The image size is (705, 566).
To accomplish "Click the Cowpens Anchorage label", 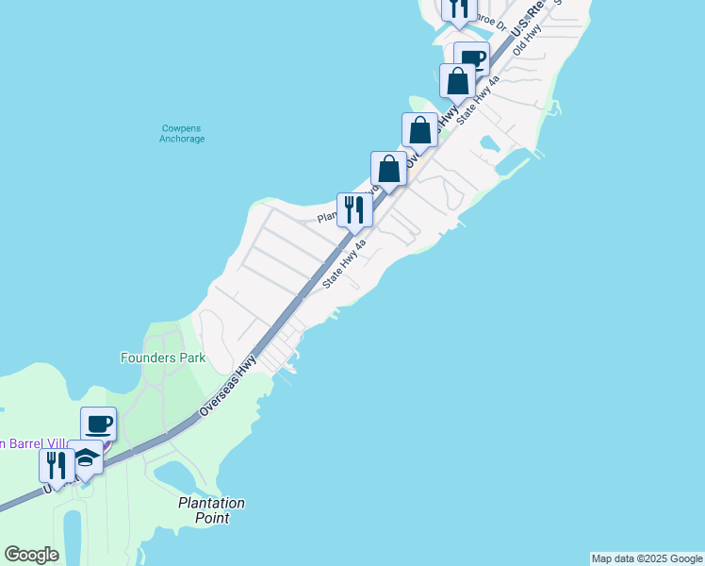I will coord(180,133).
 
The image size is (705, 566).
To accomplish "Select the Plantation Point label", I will coord(212,510).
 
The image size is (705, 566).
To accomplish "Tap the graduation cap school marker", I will coord(86,458).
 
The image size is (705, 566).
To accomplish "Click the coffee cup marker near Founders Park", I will coord(98,424).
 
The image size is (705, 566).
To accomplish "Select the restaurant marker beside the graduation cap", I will coord(57,465).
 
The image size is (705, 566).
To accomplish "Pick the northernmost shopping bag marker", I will coord(457,80).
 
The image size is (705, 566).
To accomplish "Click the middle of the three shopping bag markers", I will coord(419,130).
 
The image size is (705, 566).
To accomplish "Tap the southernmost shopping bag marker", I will coord(388,170).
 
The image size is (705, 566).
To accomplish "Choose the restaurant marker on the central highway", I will coord(354,209).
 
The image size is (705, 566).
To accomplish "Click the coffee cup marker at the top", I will coord(470,58).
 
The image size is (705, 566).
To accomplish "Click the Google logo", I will coord(31,555).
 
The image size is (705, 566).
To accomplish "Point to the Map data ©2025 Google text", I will coord(647,558).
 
